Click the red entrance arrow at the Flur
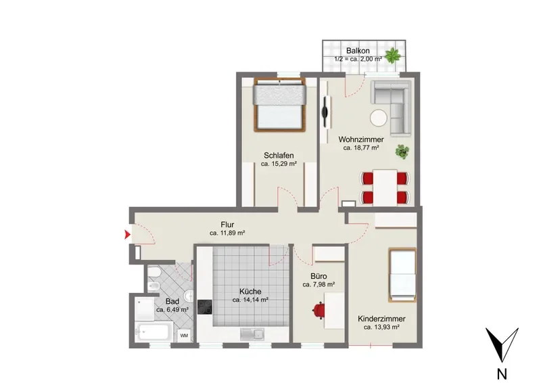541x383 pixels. (x=127, y=235)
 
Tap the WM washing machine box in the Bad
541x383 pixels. (x=184, y=336)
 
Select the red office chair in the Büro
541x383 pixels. (x=319, y=310)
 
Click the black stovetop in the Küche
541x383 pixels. (x=205, y=307)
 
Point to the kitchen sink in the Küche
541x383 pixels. (x=252, y=334)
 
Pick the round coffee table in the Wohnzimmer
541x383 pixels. (x=379, y=118)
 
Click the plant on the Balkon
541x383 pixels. (x=392, y=55)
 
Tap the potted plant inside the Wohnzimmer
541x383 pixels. (x=402, y=152)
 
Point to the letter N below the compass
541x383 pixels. (x=502, y=374)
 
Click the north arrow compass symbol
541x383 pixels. (x=502, y=344)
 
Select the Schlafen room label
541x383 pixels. (x=279, y=156)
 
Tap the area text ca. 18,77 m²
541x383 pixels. (x=361, y=148)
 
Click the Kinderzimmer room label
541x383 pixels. (x=381, y=319)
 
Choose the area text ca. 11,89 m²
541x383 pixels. (x=227, y=233)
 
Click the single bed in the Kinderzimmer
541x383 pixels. (x=402, y=275)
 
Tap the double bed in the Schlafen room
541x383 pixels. (x=279, y=105)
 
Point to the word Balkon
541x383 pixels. (x=358, y=51)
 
